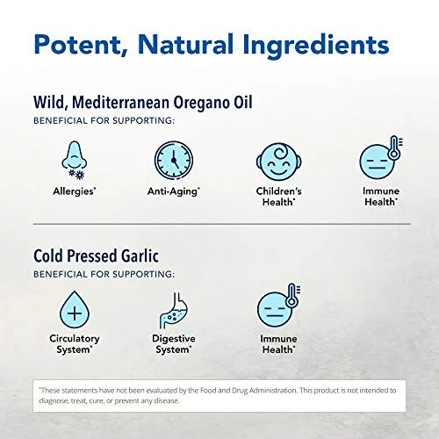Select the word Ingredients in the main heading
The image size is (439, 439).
coord(317,44)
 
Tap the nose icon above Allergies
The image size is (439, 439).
coord(75,155)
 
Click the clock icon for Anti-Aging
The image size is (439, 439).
coord(174,160)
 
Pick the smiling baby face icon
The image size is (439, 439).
coord(279,162)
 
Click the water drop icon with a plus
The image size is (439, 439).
coord(75,310)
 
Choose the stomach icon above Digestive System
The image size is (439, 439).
coord(174,310)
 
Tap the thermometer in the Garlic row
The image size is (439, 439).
coord(292,295)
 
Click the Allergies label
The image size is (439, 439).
coord(75,191)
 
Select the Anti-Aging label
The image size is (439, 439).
coord(174,191)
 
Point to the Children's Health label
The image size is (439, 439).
coord(278,197)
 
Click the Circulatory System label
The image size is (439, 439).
coord(75,344)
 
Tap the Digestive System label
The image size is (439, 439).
coord(174,344)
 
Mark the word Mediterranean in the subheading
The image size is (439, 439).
coord(120,102)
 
